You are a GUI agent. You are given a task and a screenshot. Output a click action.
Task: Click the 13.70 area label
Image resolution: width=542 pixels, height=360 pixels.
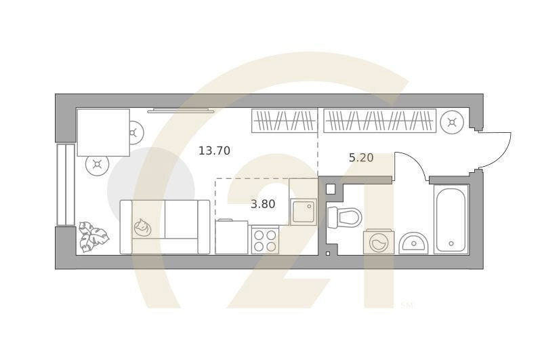pos(214,151)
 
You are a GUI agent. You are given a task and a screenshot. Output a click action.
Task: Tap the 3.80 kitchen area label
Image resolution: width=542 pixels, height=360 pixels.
pos(263,204)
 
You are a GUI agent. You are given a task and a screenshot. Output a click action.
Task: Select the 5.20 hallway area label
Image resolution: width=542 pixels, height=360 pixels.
pos(361,158)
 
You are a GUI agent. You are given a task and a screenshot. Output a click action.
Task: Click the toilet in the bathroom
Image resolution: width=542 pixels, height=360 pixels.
pos(344,217)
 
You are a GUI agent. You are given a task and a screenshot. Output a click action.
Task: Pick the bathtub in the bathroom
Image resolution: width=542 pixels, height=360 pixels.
pos(451,220)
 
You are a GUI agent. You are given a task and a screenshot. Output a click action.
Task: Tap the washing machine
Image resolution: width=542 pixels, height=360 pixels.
pos(379,242)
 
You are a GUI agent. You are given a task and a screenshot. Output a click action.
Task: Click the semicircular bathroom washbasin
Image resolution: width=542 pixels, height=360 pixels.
pos(413,243)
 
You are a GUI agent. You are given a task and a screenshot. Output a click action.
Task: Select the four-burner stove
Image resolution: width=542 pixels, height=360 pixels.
pos(265,240)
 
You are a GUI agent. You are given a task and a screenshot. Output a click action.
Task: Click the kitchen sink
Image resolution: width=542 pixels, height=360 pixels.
pos(304,212)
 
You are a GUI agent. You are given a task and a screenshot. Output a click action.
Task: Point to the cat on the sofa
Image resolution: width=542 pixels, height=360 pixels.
pos(142,227)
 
